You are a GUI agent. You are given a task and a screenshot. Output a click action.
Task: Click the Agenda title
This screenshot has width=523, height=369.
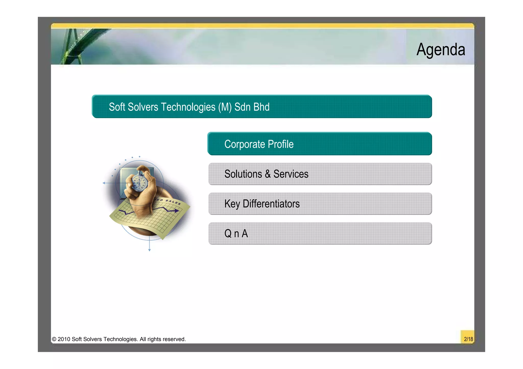click(441, 49)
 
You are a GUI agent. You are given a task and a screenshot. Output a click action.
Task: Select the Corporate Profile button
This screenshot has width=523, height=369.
click(319, 144)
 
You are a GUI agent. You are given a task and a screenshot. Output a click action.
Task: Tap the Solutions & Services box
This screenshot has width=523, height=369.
click(320, 174)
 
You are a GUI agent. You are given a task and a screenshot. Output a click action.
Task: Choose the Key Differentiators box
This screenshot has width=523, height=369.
click(320, 203)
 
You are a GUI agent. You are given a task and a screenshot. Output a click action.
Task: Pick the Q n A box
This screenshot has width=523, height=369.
click(320, 233)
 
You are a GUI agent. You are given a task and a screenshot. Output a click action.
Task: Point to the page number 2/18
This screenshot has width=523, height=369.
click(468, 339)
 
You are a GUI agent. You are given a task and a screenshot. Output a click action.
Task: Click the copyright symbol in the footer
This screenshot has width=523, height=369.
click(54, 339)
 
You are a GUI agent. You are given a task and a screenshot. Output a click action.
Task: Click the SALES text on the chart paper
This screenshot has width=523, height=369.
click(173, 202)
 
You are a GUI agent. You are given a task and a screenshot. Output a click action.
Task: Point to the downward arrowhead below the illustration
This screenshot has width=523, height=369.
click(149, 250)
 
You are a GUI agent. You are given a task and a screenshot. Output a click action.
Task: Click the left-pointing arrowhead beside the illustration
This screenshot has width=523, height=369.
click(104, 183)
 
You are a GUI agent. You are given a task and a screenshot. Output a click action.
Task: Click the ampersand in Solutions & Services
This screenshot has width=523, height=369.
click(267, 174)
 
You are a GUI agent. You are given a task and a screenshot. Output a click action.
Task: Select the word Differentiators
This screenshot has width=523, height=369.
click(271, 204)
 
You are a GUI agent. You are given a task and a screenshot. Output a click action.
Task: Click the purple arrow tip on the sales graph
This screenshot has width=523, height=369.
click(177, 211)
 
